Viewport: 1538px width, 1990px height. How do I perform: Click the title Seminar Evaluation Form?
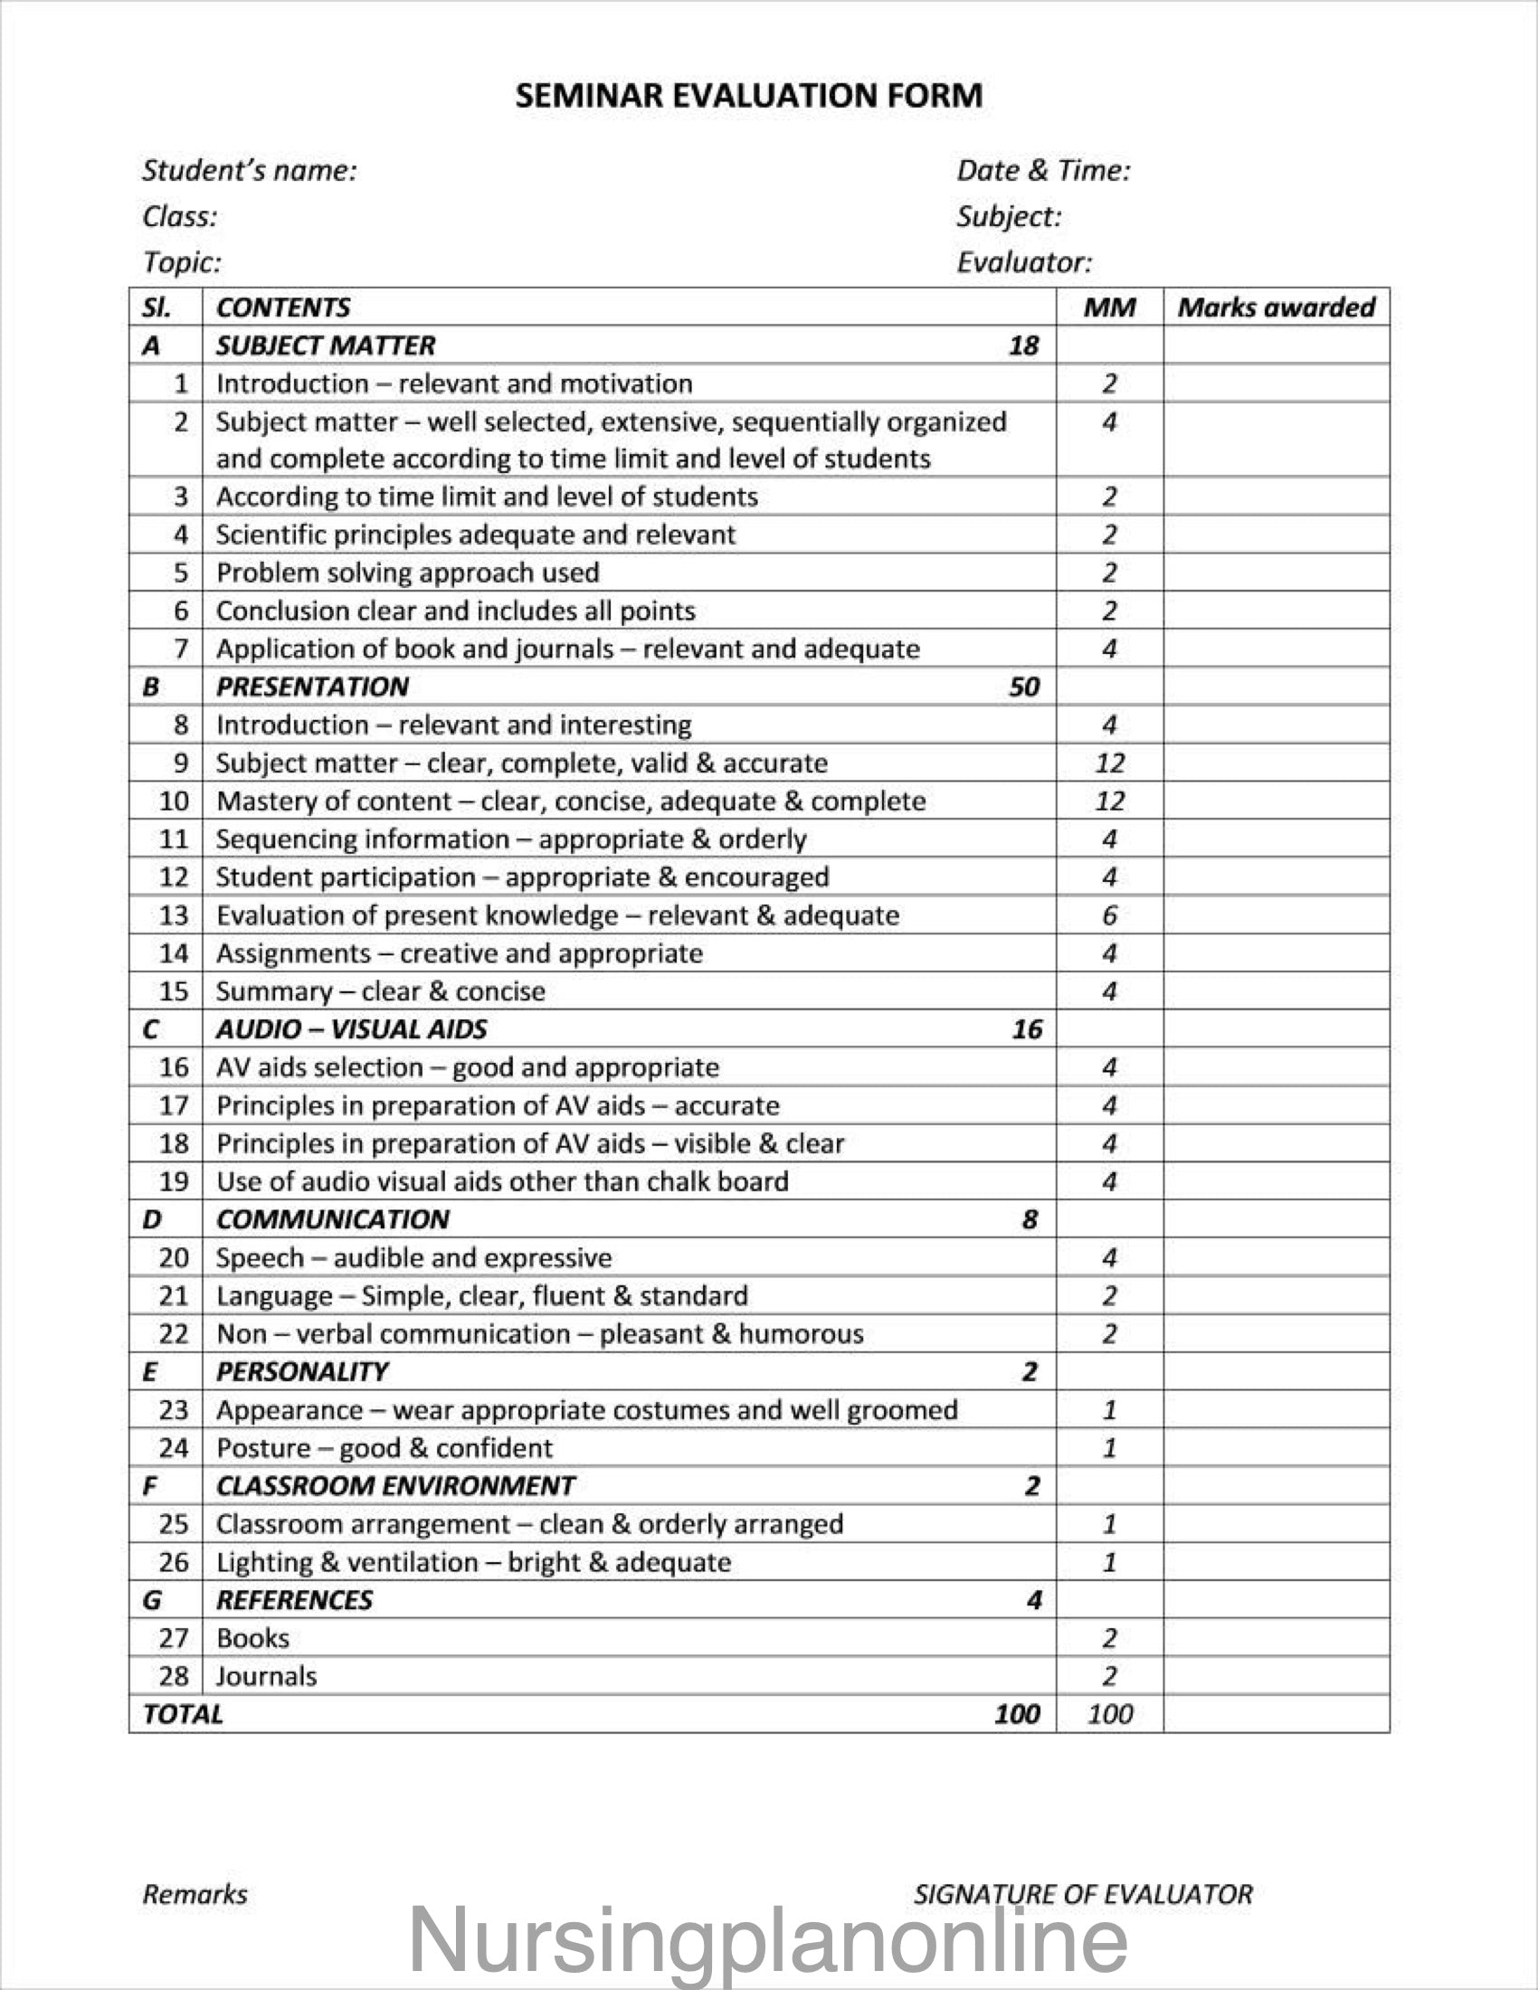(748, 96)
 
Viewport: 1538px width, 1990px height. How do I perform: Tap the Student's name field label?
(250, 170)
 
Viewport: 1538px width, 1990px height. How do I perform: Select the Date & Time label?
(1042, 170)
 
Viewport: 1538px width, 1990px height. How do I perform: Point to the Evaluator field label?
(1023, 262)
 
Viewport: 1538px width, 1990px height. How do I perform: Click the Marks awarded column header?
(1276, 307)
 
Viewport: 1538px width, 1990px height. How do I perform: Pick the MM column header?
(1109, 307)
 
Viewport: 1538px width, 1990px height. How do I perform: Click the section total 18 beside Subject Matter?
(1023, 346)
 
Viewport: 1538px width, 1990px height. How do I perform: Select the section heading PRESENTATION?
(312, 687)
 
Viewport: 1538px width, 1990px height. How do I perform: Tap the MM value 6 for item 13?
(1109, 914)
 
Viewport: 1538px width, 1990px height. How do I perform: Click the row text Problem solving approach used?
(407, 573)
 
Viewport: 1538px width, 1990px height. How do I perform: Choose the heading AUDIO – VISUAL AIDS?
(351, 1028)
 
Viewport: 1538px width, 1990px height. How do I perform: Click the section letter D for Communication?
(151, 1219)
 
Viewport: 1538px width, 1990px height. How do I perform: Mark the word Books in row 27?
(252, 1637)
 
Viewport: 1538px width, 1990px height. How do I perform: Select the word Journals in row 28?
(266, 1675)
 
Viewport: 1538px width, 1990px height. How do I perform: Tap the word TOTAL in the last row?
(182, 1714)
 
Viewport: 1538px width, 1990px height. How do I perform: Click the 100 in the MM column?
(1109, 1714)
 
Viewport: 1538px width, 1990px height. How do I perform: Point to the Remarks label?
(195, 1894)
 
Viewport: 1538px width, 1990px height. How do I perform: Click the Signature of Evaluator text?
(1082, 1894)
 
